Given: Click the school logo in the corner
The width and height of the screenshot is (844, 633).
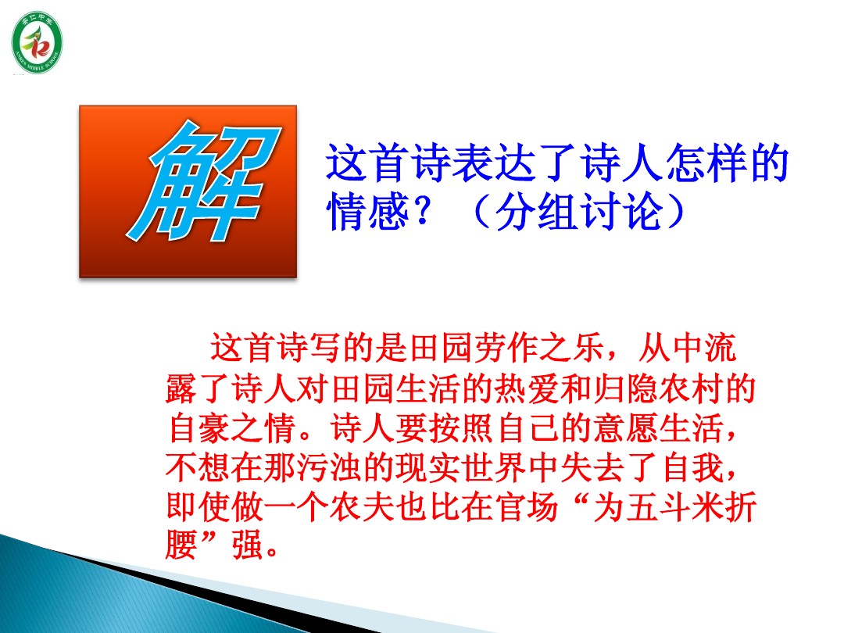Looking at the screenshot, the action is [x=37, y=42].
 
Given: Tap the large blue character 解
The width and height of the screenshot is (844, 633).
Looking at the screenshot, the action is [x=204, y=181].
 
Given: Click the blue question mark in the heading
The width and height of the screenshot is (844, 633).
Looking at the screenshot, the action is [x=421, y=211].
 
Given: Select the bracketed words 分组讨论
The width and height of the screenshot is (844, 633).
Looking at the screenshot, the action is [x=578, y=212].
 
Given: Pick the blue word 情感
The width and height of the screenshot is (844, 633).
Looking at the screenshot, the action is [x=367, y=212].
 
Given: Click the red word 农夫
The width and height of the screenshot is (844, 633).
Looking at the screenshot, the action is [x=362, y=506].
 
